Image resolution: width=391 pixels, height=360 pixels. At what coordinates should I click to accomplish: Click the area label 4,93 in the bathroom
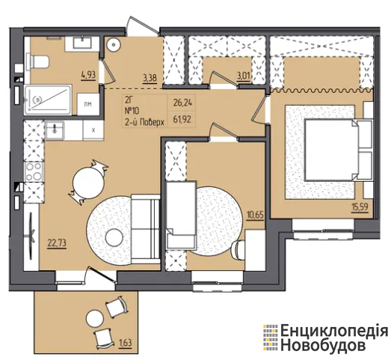click(x=88, y=74)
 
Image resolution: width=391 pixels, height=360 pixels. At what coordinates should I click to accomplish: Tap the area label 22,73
click(x=58, y=242)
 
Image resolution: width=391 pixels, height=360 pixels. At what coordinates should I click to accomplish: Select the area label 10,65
click(x=256, y=214)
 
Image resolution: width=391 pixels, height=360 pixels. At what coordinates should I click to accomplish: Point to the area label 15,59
click(x=360, y=207)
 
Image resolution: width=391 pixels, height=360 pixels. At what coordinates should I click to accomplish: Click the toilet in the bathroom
click(x=39, y=61)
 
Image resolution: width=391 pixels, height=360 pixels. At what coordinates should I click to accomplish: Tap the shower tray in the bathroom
click(x=48, y=100)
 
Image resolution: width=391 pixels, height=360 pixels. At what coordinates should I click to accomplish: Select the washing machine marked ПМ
click(x=87, y=104)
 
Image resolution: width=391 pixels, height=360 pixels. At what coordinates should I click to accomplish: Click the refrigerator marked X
click(x=93, y=130)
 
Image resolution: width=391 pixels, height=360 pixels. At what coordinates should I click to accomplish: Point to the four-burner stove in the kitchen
click(x=34, y=171)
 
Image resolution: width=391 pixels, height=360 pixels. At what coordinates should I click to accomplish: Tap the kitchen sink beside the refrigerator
click(x=55, y=130)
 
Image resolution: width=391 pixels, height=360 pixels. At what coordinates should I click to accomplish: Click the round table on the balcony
click(x=94, y=318)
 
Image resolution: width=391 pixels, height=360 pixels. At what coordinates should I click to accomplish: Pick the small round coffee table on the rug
click(x=114, y=237)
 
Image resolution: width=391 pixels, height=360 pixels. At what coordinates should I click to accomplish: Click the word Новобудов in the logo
click(x=324, y=346)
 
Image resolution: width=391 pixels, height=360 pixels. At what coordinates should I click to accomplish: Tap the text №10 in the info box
click(x=132, y=111)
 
